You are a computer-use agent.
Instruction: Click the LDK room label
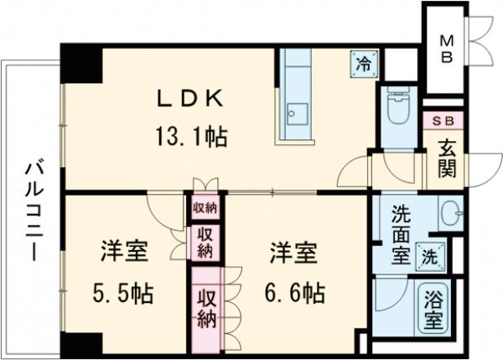click(191, 99)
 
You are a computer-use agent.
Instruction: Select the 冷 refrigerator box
click(365, 62)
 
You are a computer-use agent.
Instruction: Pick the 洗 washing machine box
click(430, 256)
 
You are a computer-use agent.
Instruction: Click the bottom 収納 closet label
click(205, 309)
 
